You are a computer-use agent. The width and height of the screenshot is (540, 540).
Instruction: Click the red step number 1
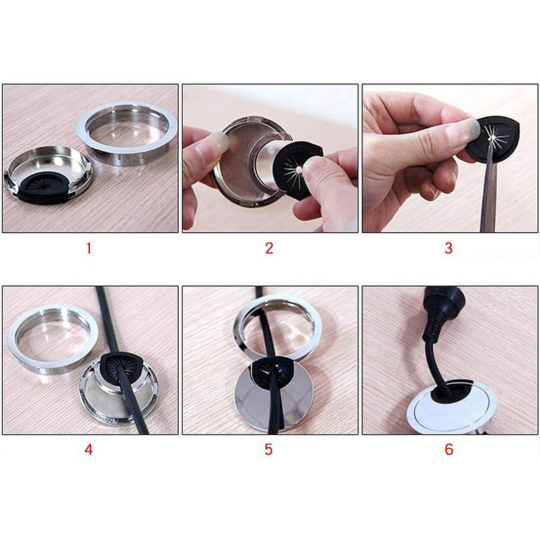click(89, 248)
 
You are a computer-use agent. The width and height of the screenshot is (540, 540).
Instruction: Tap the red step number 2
click(269, 248)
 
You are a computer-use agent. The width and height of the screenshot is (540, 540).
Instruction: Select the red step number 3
click(448, 248)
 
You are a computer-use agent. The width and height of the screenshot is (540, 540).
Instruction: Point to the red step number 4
click(88, 450)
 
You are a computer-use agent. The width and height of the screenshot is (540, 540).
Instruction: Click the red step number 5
click(269, 450)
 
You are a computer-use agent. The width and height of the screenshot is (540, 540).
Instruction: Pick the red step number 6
click(449, 450)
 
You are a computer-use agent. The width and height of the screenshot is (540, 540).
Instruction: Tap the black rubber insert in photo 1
click(44, 188)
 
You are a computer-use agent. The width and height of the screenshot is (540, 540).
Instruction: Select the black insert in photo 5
click(272, 369)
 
